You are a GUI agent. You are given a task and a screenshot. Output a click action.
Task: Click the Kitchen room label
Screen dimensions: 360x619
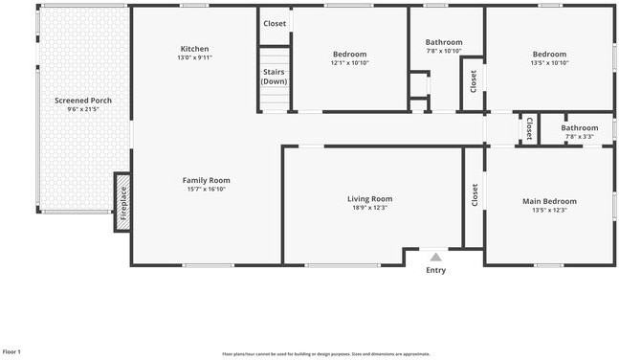(194, 49)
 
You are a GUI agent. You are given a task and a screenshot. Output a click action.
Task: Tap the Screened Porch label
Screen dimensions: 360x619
(82, 101)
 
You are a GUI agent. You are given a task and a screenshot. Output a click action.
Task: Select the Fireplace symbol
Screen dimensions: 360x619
(122, 202)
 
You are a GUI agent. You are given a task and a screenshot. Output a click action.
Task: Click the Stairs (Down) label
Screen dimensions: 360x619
(275, 77)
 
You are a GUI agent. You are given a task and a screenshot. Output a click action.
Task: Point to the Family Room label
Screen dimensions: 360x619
(206, 180)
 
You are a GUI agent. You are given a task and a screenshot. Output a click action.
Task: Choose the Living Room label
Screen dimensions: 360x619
(369, 199)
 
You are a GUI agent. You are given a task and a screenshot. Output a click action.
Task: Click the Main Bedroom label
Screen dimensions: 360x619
(549, 201)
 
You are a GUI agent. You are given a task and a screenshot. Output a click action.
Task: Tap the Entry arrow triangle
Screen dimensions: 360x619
(435, 257)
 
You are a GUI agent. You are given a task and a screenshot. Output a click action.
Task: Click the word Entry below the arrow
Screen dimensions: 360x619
(435, 270)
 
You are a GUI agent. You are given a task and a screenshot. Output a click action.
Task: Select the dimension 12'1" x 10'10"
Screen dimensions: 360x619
(349, 63)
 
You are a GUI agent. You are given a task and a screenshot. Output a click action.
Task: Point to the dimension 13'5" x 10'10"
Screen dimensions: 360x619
(549, 63)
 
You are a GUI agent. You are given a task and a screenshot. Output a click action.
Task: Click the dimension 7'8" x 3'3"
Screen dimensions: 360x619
(580, 137)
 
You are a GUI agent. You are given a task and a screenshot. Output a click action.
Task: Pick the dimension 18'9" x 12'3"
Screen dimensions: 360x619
(369, 209)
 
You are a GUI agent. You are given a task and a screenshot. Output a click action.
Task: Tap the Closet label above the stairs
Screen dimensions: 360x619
(275, 23)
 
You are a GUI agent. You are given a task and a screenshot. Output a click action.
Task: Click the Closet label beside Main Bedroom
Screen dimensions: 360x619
(475, 195)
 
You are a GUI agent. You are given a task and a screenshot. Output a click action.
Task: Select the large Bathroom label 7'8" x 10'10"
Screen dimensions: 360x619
(444, 42)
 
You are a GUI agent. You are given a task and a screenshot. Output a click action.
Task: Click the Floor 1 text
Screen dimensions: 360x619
(11, 351)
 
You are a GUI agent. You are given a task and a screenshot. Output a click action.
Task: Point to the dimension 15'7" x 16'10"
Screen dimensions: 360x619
(206, 190)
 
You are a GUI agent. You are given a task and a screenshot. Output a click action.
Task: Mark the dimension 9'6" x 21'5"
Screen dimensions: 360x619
(82, 110)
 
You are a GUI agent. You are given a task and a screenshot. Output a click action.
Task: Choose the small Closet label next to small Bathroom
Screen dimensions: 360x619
(529, 128)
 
